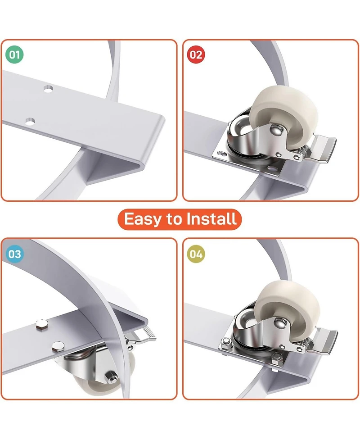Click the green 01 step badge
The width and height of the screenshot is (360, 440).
(14, 54)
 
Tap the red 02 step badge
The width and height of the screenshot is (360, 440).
(196, 54)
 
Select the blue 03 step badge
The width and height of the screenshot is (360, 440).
(14, 254)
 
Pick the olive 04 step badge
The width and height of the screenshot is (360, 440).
(196, 254)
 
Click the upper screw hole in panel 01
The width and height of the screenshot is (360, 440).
(48, 89)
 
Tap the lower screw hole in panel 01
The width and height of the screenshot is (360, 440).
(30, 122)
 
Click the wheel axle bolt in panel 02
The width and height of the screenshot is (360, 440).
(275, 130)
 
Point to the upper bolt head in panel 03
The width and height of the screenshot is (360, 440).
(42, 323)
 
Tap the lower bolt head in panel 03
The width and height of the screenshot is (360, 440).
(58, 346)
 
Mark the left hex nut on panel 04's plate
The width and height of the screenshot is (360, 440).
(226, 341)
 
